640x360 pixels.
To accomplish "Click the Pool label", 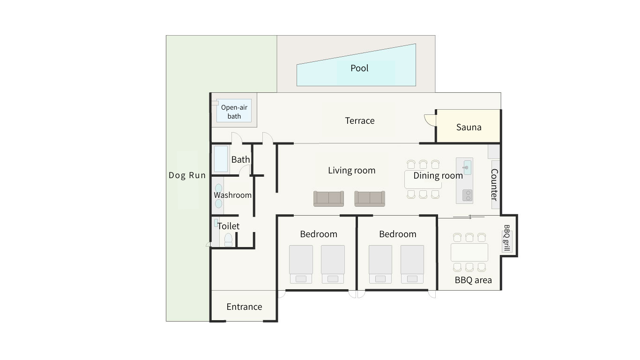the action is [359, 68].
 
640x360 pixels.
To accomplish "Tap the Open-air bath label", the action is [234, 112].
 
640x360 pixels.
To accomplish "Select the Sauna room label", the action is [469, 127].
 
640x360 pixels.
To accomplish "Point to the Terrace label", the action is [360, 120].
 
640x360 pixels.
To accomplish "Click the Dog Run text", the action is [187, 175].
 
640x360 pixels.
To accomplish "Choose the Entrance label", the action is [244, 307].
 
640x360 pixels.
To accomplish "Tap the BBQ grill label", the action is [506, 238].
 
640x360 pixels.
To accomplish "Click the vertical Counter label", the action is [494, 184].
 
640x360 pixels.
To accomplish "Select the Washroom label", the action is [232, 195].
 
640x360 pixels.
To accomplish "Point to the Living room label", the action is [351, 171].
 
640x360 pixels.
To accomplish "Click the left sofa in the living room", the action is [328, 199].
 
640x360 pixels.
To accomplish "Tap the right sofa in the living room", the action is [370, 199].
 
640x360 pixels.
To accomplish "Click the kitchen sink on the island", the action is [467, 167].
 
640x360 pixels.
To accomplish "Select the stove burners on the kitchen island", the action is [468, 195].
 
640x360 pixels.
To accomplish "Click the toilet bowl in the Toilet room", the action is [228, 240].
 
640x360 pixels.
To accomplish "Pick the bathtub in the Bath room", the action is [221, 159].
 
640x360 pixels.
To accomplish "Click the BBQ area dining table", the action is [469, 252].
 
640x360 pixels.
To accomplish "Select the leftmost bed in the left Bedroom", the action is [301, 264].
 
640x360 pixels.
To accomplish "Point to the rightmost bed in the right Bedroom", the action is [412, 264].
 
